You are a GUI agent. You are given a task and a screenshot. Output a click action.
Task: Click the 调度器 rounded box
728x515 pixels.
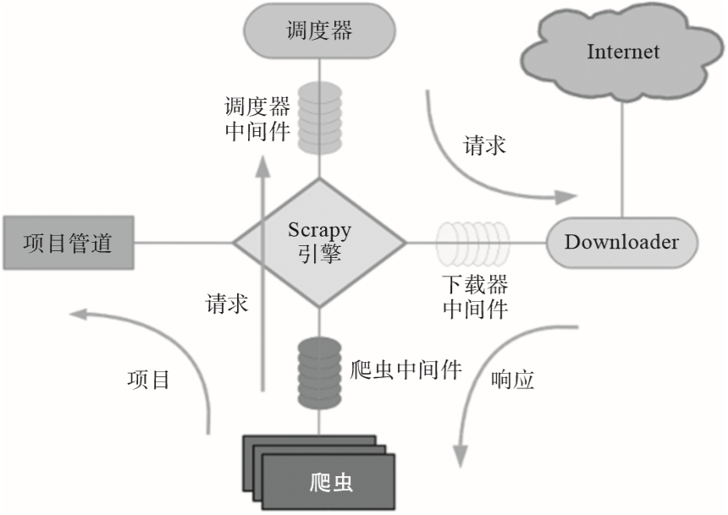[x=319, y=31]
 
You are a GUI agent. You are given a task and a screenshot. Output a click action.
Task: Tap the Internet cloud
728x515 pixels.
[x=622, y=52]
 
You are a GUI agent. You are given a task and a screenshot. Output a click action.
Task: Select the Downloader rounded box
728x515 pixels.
[x=621, y=243]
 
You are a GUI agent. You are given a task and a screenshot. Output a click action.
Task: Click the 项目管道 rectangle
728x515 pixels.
[x=69, y=243]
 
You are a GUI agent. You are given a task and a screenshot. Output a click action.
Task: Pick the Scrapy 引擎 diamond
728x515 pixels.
[x=319, y=243]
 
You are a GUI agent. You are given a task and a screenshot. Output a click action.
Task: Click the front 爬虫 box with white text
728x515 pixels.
[x=328, y=483]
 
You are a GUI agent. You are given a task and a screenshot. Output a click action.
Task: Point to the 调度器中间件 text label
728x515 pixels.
[x=257, y=118]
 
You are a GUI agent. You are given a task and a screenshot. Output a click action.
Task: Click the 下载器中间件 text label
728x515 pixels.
[x=476, y=297]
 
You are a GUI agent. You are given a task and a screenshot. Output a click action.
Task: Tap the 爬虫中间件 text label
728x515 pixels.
[x=405, y=370]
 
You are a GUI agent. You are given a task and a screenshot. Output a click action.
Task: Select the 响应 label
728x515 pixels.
[x=512, y=380]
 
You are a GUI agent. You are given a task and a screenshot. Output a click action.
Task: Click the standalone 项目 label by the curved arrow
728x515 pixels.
[x=149, y=380]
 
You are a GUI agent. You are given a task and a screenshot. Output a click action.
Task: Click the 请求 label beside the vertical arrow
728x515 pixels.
[x=227, y=304]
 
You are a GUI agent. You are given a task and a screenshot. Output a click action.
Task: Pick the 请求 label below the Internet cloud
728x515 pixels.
[x=485, y=145]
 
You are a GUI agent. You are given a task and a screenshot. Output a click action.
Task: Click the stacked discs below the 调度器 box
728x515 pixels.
[x=319, y=118]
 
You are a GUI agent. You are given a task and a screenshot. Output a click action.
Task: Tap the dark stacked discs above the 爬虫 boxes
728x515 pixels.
[x=319, y=374]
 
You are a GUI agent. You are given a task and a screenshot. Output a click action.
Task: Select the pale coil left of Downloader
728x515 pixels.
[x=472, y=243]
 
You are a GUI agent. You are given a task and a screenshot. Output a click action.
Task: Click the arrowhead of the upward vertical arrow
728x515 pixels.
[x=264, y=167]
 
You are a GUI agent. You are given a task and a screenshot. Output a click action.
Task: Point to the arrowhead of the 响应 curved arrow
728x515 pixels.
[x=461, y=456]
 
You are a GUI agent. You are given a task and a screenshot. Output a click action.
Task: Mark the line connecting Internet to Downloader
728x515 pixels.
[x=622, y=159]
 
